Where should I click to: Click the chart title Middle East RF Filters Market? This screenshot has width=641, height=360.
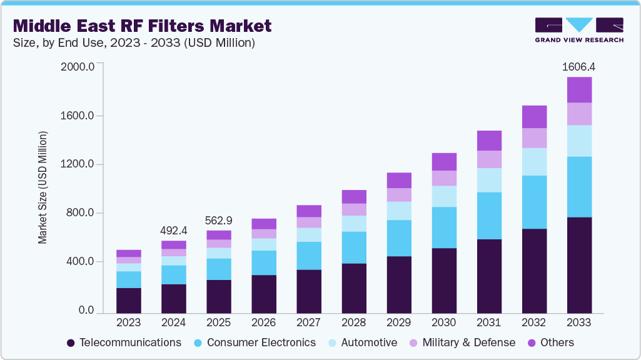click(142, 26)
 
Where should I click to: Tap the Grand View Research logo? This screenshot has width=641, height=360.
click(578, 29)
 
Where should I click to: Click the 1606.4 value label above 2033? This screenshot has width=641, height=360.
click(579, 66)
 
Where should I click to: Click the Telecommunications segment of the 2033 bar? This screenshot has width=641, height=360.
click(579, 264)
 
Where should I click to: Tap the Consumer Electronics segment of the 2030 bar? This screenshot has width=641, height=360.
click(444, 227)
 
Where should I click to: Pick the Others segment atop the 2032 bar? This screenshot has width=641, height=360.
click(534, 117)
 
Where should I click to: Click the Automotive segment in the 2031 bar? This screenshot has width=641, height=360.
click(489, 180)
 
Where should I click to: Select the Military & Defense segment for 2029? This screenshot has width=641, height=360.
click(399, 195)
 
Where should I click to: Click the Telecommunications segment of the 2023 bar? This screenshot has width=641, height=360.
click(129, 300)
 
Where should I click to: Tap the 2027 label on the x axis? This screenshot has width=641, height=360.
click(308, 323)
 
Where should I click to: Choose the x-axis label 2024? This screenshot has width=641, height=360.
click(173, 323)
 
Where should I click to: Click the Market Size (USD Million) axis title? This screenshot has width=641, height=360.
click(43, 187)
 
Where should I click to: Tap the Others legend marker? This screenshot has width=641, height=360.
click(533, 342)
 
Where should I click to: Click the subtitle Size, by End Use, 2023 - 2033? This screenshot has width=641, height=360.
click(134, 42)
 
